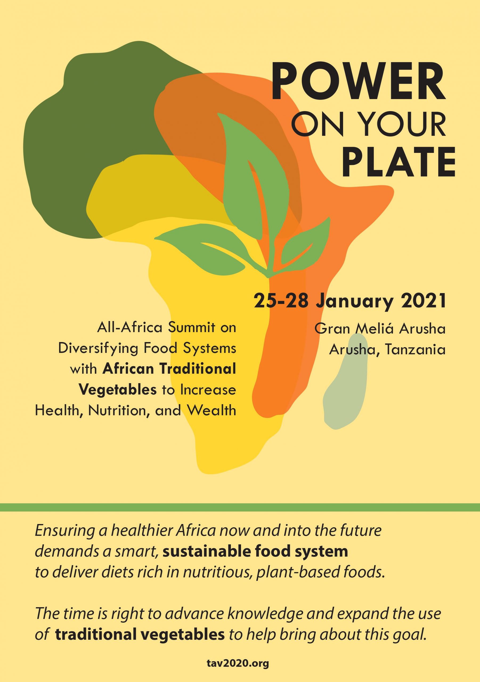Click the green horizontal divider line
click(240, 507)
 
